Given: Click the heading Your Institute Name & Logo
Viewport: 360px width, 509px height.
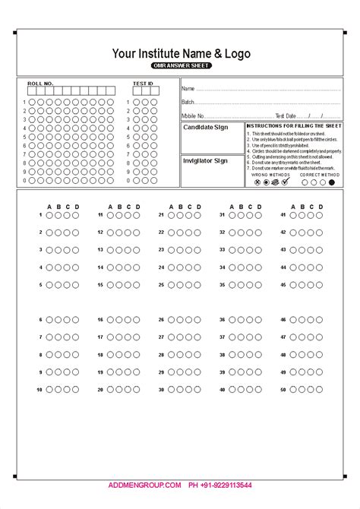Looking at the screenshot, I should coord(181,53).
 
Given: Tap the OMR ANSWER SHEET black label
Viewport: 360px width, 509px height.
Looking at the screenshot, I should coord(181,66).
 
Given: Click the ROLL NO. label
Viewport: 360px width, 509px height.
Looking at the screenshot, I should coord(40,83).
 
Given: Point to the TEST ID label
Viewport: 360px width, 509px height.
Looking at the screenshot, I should coord(143,83).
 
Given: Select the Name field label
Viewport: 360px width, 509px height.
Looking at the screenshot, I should coord(188,89).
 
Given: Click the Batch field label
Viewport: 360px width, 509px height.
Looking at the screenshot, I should coord(188,102).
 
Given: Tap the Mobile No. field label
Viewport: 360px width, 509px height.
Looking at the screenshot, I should coord(193,115).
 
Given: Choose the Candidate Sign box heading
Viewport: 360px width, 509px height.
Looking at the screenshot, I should coord(205,127).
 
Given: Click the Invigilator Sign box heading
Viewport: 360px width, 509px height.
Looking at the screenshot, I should coord(205,160).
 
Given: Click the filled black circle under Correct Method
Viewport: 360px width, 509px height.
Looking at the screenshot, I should coord(331,182).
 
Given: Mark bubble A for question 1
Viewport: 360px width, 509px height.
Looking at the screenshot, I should coord(49,215).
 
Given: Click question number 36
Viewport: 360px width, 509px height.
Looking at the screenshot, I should coord(222,320).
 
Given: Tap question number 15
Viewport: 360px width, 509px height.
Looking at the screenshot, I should coord(100,285).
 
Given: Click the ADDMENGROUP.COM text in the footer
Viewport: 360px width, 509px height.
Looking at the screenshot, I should coord(144,485).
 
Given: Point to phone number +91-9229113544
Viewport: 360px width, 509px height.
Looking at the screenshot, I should coord(220,485).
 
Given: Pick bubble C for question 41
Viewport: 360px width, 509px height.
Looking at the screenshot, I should coord(310,215).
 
